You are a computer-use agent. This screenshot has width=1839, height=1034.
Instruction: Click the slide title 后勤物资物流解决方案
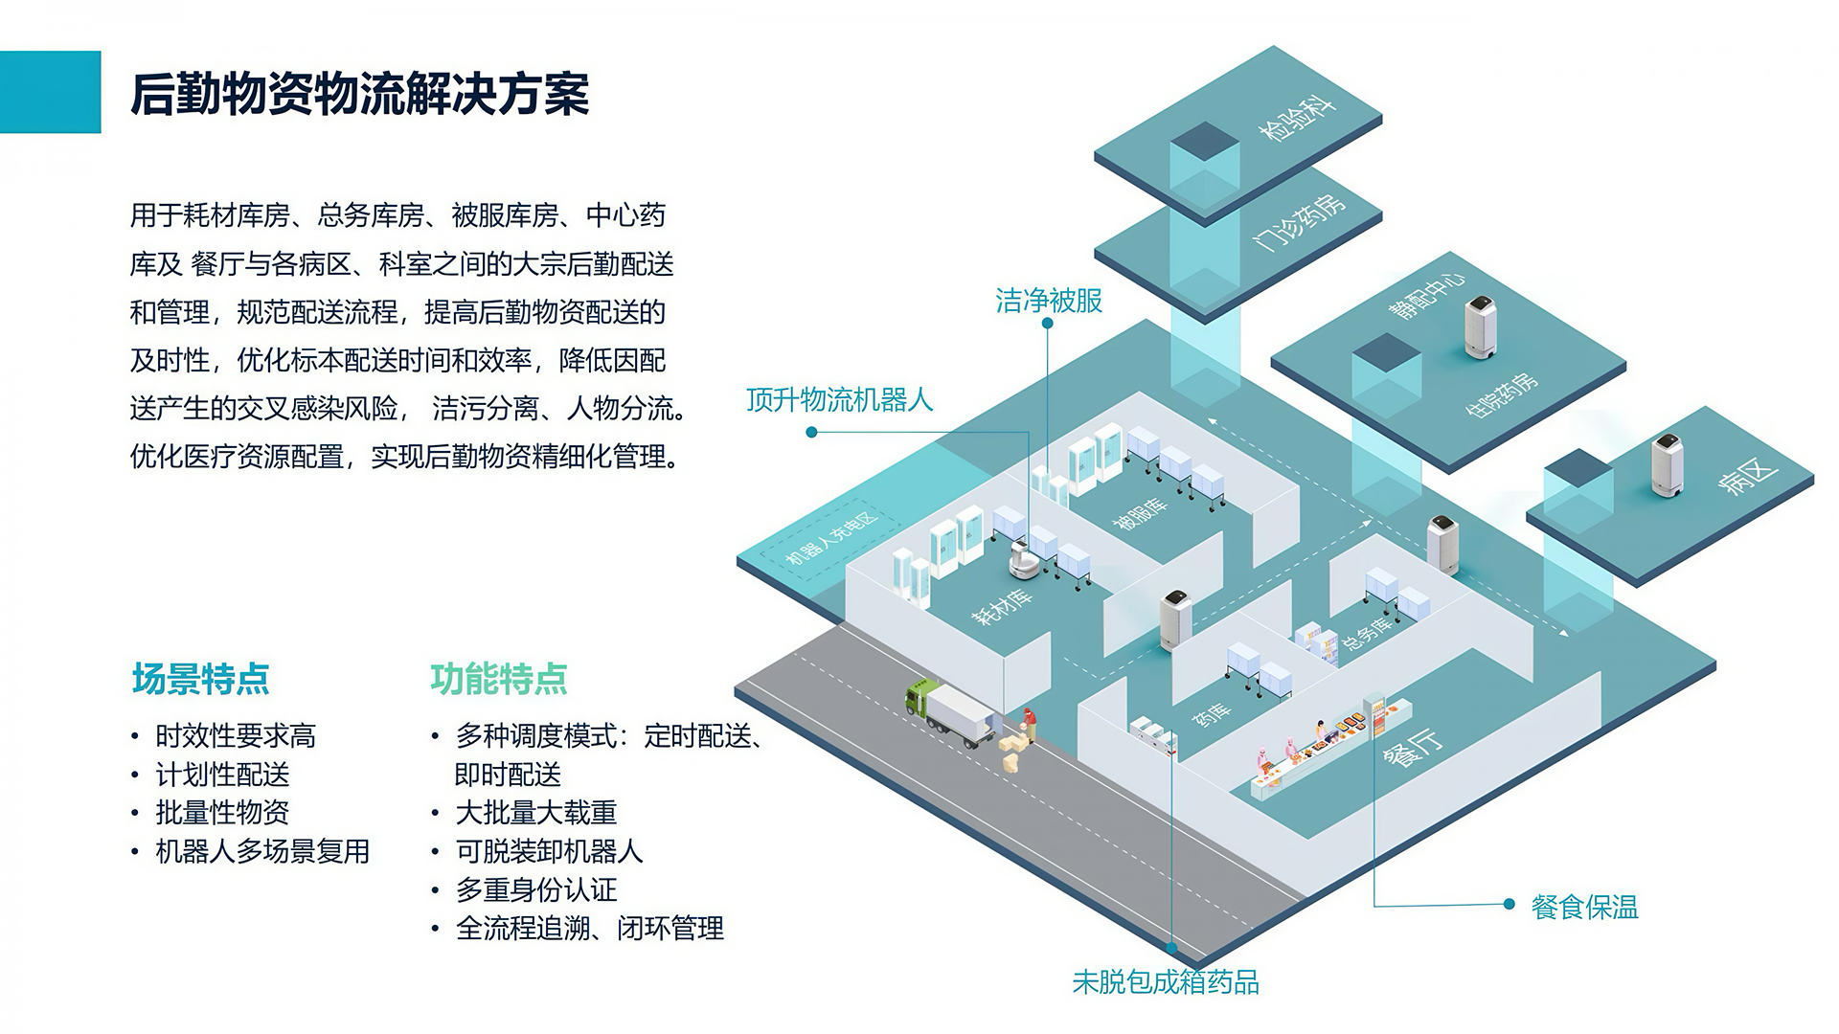359,94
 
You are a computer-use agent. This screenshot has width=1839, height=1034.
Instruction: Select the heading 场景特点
200,679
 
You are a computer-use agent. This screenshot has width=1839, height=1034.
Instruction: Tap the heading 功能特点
498,679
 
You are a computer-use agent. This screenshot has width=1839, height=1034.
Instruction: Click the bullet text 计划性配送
222,775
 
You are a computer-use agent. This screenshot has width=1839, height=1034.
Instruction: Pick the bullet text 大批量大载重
535,813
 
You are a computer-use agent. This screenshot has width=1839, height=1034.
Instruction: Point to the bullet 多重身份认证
535,889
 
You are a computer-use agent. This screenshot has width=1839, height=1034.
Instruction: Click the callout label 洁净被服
1049,301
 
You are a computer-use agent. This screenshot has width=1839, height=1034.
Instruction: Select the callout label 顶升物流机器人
839,399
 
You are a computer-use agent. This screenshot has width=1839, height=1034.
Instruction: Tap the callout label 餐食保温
1584,907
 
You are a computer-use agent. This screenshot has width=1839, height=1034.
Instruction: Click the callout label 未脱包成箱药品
1165,982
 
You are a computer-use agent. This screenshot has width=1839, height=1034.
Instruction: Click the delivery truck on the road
951,713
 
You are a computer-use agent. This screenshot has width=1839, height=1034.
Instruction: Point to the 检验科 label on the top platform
1297,118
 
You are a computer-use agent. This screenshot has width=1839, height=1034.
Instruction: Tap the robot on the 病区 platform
1668,466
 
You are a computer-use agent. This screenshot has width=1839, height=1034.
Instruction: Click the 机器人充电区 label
831,539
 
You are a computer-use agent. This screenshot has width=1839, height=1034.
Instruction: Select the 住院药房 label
1501,393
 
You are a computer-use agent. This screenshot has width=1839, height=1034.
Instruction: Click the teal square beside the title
50,92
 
